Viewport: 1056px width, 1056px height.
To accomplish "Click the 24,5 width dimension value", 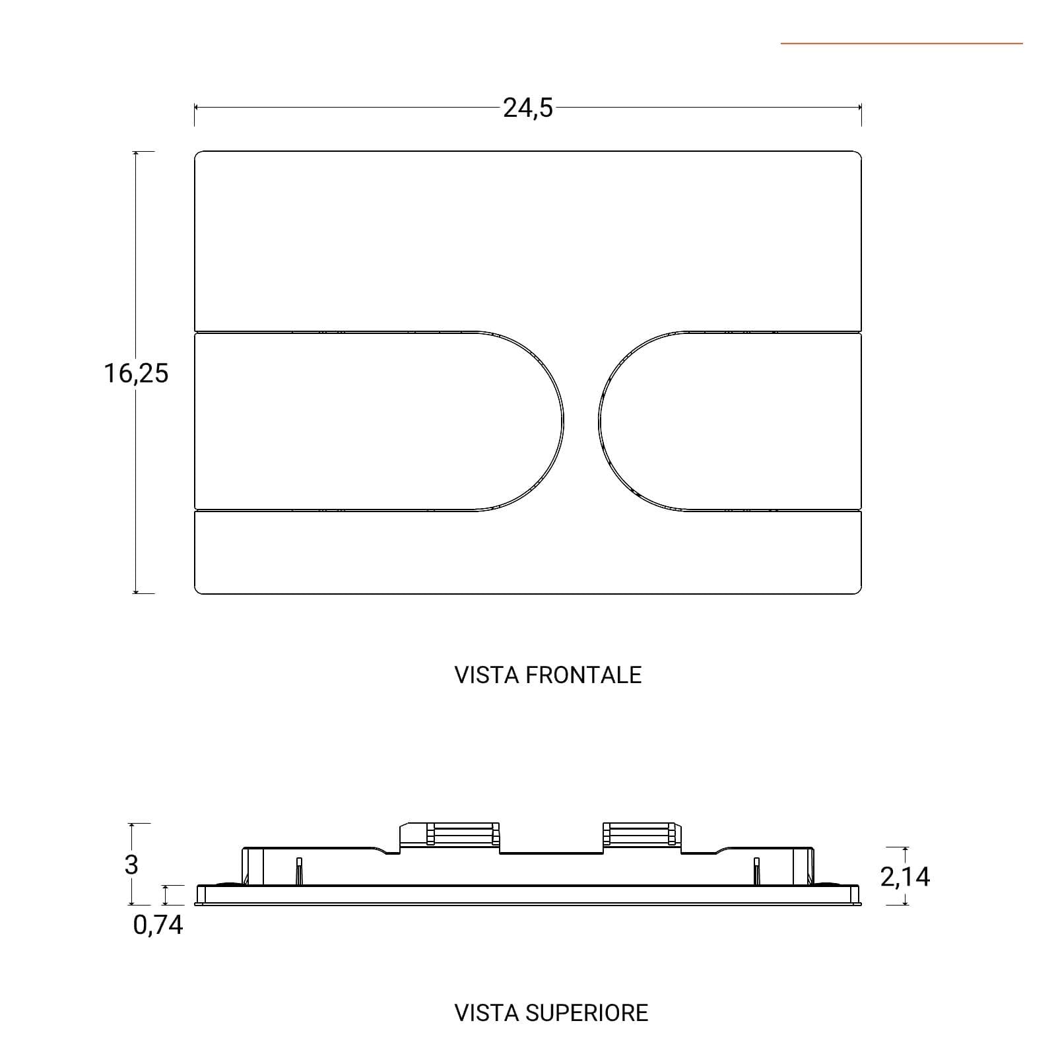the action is [528, 108].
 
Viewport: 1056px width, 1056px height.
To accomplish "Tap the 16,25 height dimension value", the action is [136, 374].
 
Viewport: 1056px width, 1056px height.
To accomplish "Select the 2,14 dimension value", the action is [905, 876].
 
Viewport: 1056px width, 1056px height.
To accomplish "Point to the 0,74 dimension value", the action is [158, 925].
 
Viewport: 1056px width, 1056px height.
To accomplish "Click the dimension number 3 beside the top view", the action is [131, 864].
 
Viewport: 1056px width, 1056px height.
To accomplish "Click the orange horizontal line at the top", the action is [902, 44].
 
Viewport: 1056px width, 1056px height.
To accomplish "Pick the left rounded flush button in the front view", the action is [379, 421].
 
